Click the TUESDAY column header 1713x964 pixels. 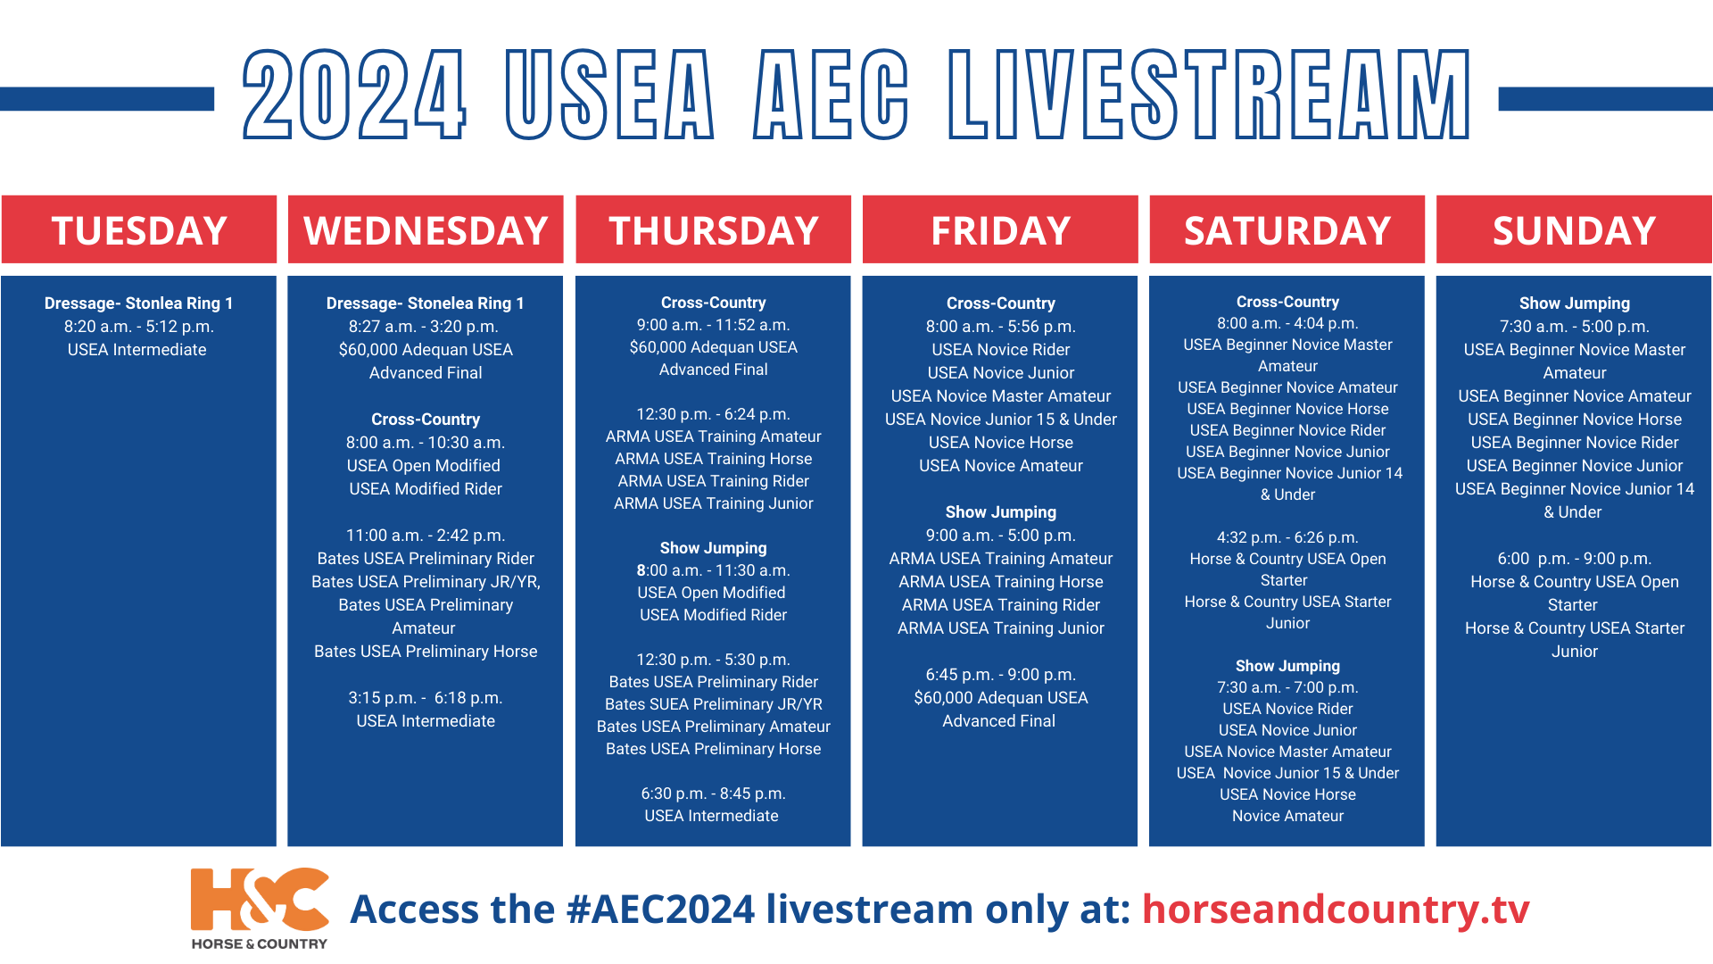tap(139, 230)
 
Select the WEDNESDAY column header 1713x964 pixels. tap(426, 230)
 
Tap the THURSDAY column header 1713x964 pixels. tap(713, 230)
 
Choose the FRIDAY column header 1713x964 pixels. tap(1000, 230)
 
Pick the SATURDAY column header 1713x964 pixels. tap(1287, 230)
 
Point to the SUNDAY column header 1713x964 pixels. tap(1574, 230)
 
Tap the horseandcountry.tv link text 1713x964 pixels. tap(1336, 909)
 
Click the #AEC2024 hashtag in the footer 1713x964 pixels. tap(661, 909)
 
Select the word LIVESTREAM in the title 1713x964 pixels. tap(1209, 95)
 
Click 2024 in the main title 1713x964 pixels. tap(354, 95)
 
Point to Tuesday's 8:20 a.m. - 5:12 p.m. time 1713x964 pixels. tap(138, 327)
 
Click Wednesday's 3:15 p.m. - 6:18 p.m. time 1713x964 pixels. tap(426, 698)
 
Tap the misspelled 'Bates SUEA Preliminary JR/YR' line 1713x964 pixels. tap(713, 704)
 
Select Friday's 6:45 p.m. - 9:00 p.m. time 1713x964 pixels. tap(1000, 675)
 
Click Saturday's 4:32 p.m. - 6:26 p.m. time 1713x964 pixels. tap(1287, 537)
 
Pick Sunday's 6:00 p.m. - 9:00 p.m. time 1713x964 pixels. tap(1574, 559)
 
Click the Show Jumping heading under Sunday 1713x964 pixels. tap(1574, 303)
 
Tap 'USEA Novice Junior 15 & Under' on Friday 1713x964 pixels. tap(1000, 420)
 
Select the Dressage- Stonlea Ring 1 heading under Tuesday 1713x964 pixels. tap(138, 303)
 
